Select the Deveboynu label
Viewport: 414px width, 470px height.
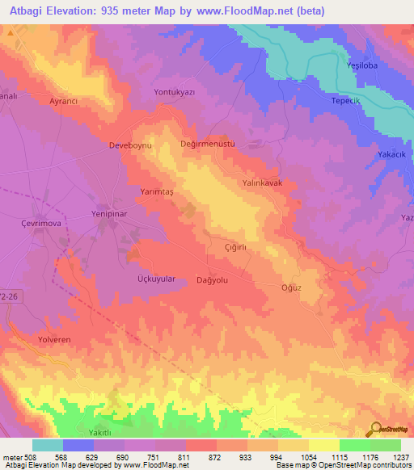point(108,146)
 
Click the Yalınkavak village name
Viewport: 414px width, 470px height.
point(263,183)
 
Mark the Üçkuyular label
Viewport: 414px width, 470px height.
point(151,278)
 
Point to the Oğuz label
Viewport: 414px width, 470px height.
point(290,287)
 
